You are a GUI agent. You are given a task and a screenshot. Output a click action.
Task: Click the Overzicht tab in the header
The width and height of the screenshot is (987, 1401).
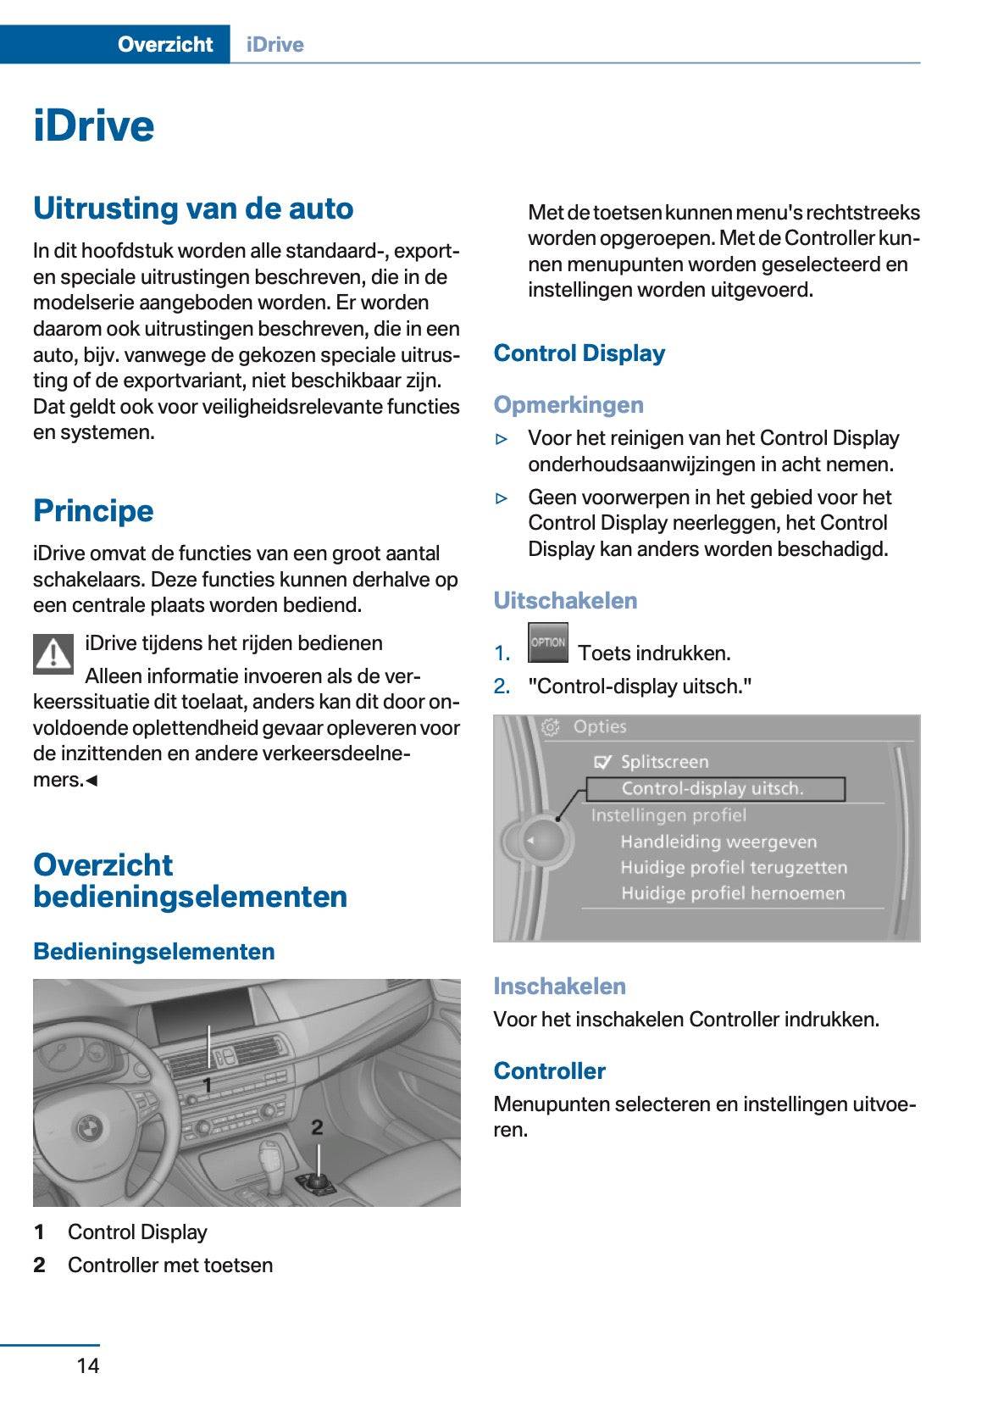point(165,44)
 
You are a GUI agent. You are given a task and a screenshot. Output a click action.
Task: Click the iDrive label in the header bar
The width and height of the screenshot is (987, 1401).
point(274,44)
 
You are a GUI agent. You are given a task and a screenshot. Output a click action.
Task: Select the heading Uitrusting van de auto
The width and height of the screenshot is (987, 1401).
point(193,208)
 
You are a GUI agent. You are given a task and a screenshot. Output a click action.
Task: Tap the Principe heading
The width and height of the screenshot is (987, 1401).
point(93,511)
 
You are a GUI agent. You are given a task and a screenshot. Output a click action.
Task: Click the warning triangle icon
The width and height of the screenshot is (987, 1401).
point(53,654)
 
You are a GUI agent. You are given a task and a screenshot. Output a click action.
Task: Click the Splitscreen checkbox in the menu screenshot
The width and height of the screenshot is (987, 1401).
point(602,762)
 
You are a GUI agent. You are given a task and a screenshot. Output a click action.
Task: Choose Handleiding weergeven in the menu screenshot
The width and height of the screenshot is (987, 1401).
point(718,842)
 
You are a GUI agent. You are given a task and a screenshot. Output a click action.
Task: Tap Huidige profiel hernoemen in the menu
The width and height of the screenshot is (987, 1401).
point(733,893)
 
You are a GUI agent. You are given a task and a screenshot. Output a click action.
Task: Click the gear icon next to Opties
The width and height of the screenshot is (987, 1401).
point(551,727)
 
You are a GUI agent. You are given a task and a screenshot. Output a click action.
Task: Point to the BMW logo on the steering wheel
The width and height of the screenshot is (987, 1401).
point(89,1128)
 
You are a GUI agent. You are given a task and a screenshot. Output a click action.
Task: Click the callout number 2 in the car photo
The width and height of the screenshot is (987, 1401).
point(317,1127)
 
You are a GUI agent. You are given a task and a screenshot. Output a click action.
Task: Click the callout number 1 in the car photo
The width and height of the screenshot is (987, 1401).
point(207,1084)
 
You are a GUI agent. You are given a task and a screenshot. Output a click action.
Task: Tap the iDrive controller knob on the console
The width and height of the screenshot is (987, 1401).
point(316,1181)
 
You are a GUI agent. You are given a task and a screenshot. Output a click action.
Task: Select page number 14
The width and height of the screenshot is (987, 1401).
point(88,1365)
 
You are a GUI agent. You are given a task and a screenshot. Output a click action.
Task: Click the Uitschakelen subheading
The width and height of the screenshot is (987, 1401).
point(565,601)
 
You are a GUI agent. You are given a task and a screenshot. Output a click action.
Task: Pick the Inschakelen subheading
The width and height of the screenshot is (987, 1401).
point(559,987)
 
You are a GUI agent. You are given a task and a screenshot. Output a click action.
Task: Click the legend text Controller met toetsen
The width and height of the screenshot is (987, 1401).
point(170,1265)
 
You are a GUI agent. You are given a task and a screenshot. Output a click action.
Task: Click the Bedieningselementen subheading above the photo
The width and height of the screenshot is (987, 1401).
point(154,952)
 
